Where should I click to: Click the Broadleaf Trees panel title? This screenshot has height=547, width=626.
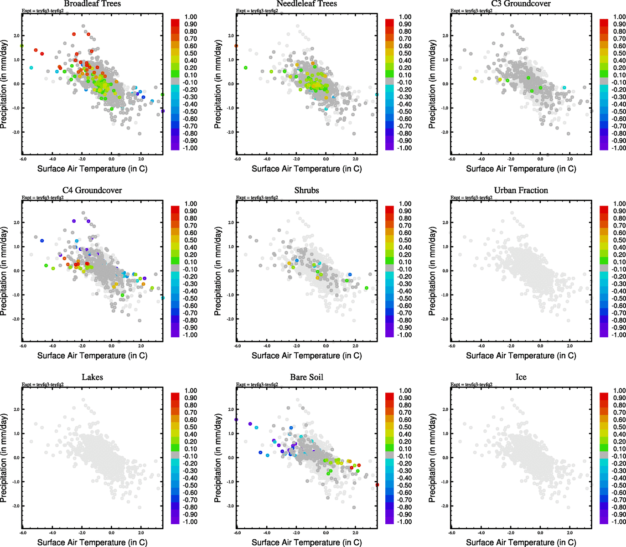[x=92, y=4]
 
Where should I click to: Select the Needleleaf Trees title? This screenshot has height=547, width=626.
[x=306, y=4]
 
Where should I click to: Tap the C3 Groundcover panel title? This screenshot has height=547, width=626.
[x=521, y=4]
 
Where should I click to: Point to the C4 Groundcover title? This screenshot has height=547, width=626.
[x=92, y=191]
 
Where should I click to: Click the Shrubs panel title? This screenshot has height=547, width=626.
[x=306, y=191]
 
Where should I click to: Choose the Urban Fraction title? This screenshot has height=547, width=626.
[x=521, y=191]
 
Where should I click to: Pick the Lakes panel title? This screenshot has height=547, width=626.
[x=92, y=377]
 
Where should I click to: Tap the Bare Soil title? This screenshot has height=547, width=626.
[x=306, y=377]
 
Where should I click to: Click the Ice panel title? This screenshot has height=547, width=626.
[x=521, y=377]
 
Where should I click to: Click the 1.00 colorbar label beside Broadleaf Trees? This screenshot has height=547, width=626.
[x=191, y=17]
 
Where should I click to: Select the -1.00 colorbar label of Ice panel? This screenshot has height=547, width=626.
[x=619, y=522]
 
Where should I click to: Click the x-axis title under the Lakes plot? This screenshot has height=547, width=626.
[x=92, y=542]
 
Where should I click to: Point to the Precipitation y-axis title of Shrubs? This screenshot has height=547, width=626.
[x=217, y=271]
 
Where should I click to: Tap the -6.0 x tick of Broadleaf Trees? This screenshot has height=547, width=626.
[x=23, y=160]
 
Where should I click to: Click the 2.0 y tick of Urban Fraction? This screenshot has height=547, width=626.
[x=445, y=222]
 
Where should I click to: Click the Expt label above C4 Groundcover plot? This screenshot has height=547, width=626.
[x=42, y=198]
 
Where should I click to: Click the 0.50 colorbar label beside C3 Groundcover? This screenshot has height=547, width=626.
[x=619, y=53]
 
